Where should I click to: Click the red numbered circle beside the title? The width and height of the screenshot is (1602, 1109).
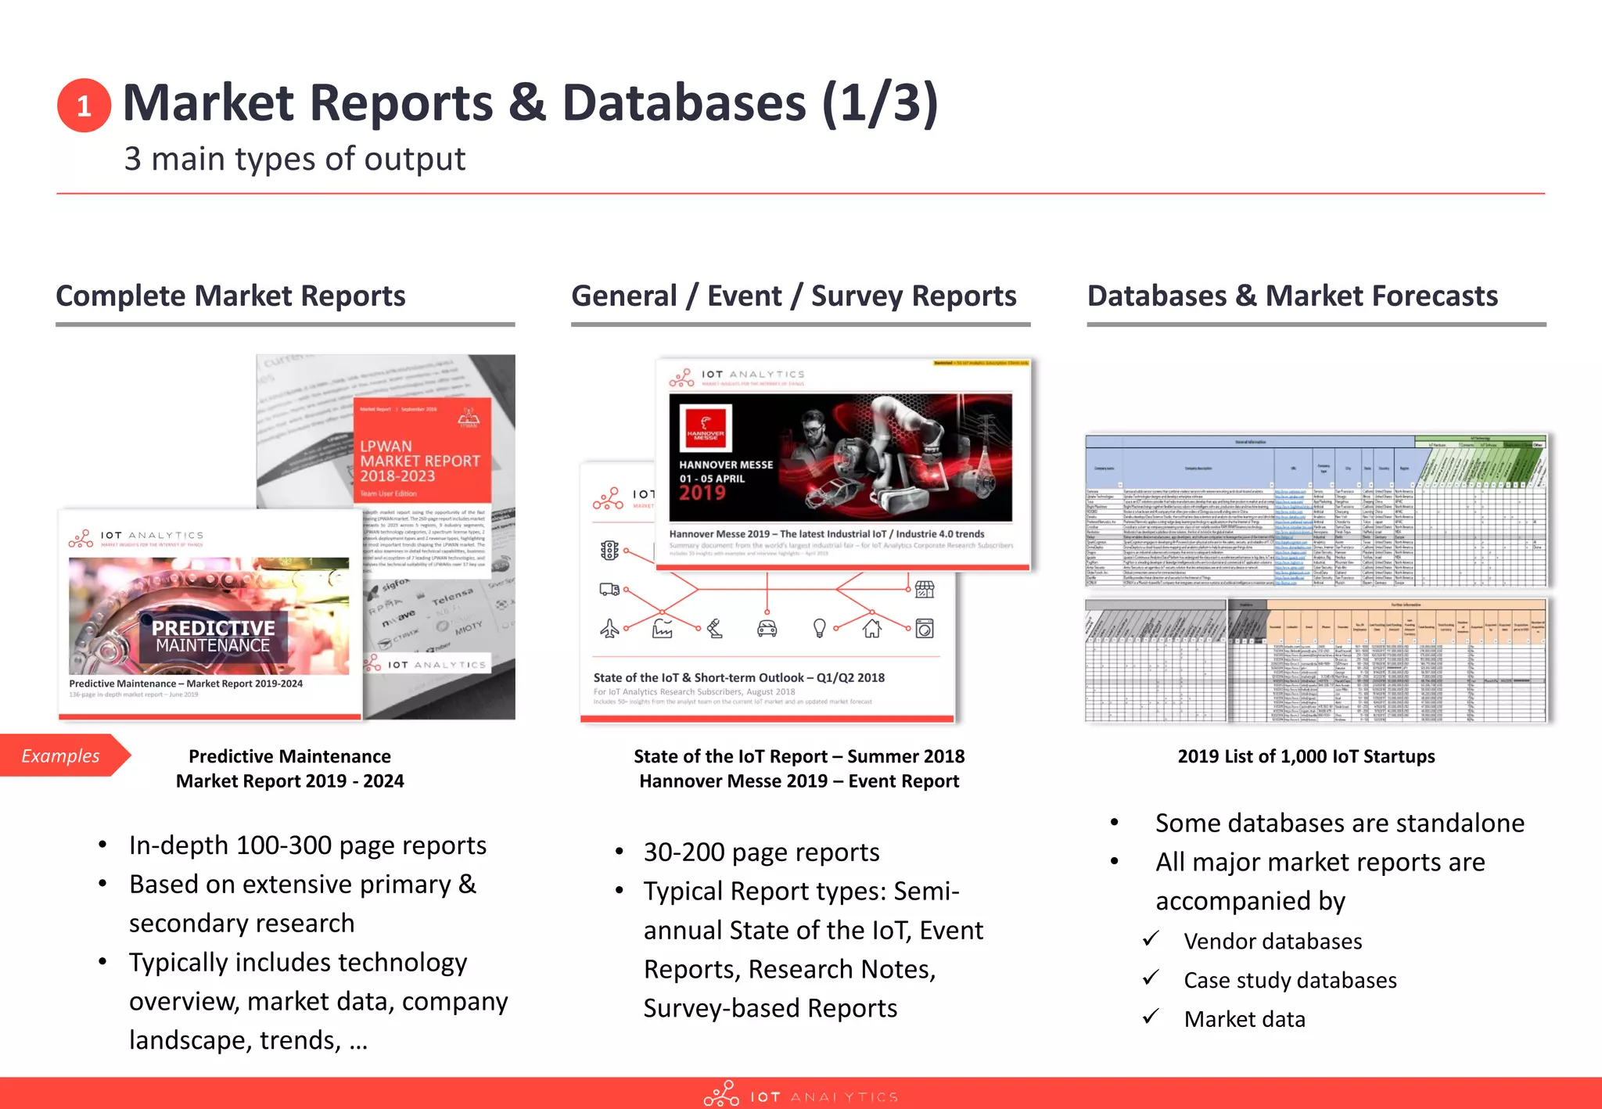(x=84, y=106)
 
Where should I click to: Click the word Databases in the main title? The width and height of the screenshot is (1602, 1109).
(x=683, y=103)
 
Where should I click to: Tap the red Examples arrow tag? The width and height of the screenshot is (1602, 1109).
(x=63, y=755)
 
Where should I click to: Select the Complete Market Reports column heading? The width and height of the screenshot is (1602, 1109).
(x=231, y=296)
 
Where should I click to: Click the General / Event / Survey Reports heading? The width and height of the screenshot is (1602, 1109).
(x=793, y=296)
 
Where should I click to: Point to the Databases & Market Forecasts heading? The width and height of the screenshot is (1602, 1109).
(x=1292, y=296)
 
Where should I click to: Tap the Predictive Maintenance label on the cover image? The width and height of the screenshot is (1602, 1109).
(x=213, y=637)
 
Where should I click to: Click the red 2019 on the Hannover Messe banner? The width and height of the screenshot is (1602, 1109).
(x=702, y=493)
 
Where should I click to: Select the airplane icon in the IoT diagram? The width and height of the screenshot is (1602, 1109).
(x=609, y=628)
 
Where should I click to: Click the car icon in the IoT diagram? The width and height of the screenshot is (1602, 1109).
(x=767, y=628)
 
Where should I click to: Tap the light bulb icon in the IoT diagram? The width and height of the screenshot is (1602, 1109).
(x=819, y=628)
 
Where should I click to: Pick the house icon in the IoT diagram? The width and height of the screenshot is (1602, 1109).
(x=871, y=628)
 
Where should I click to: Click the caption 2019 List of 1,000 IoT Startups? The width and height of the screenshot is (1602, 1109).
(x=1306, y=756)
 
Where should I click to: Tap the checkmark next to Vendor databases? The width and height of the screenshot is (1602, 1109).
(x=1150, y=939)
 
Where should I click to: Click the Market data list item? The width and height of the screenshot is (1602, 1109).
(x=1244, y=1019)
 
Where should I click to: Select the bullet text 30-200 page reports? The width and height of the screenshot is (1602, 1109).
(x=761, y=852)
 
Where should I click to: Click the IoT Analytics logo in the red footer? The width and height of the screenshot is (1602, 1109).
(x=800, y=1095)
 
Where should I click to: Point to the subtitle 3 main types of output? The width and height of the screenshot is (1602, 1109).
(x=294, y=159)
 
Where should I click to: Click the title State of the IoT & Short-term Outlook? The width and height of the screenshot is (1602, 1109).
(x=738, y=677)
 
